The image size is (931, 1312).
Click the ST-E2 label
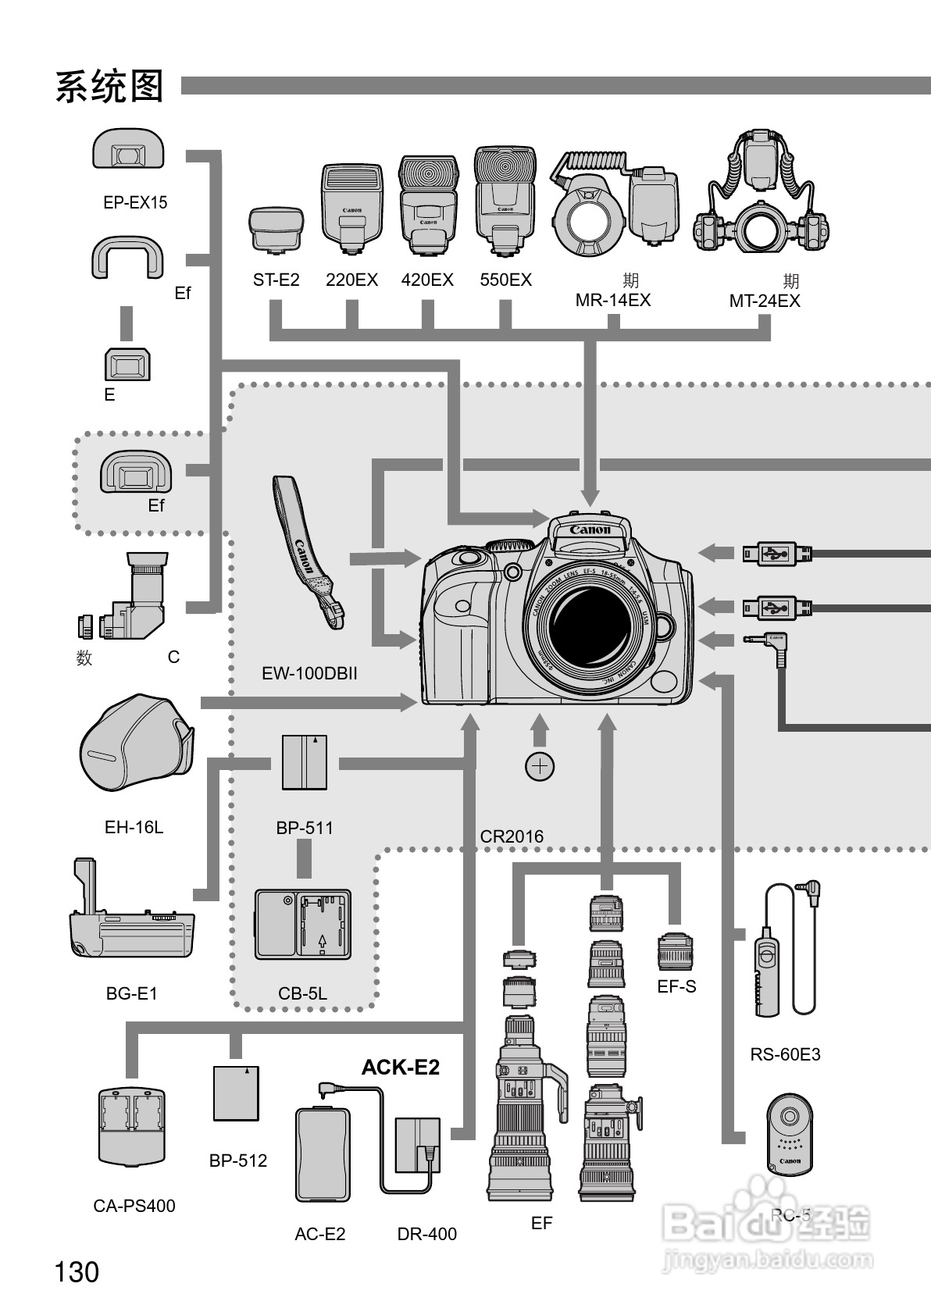click(276, 280)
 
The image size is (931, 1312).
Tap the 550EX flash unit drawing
click(505, 201)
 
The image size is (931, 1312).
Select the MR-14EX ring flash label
click(612, 301)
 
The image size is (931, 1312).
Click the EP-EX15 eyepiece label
click(135, 202)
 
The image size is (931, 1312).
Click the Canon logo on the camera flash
click(590, 530)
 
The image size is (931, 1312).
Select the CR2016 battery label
click(512, 836)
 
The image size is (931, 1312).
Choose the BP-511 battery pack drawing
click(305, 762)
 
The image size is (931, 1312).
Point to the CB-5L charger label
click(302, 993)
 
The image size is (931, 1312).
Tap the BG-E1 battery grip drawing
click(129, 917)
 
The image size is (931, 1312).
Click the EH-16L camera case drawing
click(137, 743)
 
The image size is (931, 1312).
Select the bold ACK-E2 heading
click(400, 1068)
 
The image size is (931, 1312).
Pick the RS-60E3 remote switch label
click(785, 1054)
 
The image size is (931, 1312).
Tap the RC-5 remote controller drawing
click(790, 1134)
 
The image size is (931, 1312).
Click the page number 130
click(77, 1272)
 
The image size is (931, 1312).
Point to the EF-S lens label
click(676, 986)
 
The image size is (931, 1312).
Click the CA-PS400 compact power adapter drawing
click(133, 1126)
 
